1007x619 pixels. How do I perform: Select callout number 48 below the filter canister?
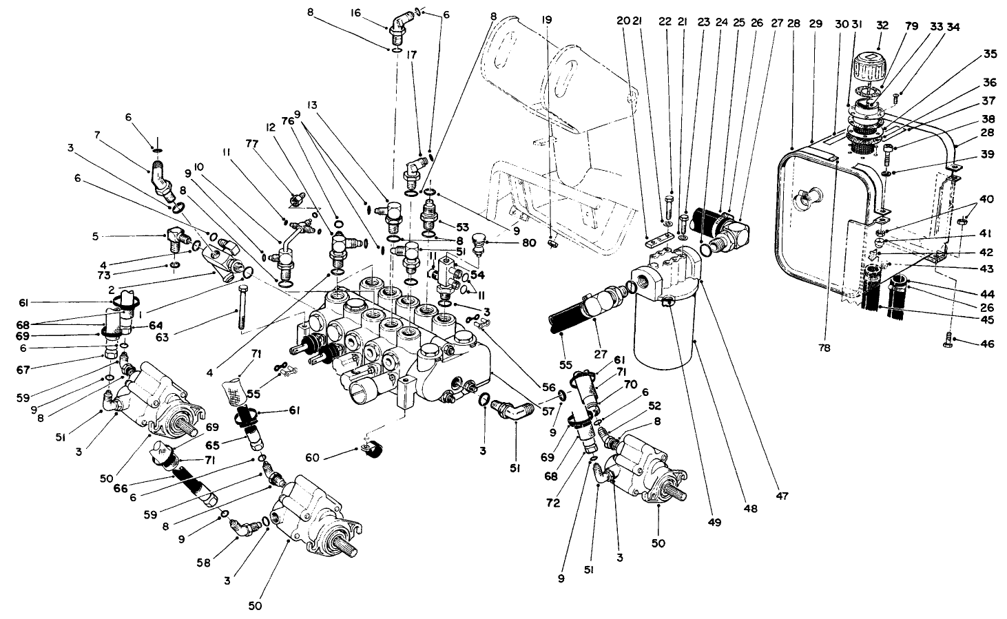coord(750,510)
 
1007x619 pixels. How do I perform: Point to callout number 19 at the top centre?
coord(547,21)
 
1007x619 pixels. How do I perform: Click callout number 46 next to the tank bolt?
coord(987,344)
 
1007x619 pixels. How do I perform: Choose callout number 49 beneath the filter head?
coord(714,523)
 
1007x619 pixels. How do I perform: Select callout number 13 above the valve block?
coord(312,105)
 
